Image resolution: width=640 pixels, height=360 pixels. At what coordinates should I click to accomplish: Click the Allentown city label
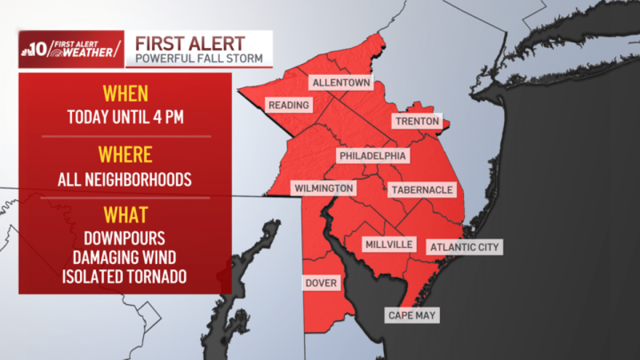341,83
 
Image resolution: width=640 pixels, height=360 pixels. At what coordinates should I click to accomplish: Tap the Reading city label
289,105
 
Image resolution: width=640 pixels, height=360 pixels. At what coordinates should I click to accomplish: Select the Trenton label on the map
417,122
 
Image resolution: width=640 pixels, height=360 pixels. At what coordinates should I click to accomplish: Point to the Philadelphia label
373,156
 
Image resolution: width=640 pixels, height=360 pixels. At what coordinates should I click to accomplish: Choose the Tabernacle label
422,190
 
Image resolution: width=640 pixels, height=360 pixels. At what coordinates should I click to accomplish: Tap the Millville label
389,245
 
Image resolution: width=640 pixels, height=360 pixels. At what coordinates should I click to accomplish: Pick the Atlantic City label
464,247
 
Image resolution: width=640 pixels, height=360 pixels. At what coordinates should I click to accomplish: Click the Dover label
321,283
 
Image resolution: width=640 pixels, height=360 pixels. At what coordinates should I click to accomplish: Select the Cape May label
412,315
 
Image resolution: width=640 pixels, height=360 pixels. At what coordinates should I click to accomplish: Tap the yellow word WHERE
125,155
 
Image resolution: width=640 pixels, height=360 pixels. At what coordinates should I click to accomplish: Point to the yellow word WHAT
125,214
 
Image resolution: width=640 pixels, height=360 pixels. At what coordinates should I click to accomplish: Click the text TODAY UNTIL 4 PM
125,116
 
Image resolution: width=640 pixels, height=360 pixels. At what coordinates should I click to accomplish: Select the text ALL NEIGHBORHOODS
125,179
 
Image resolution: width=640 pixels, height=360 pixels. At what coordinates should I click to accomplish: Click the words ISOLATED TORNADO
124,277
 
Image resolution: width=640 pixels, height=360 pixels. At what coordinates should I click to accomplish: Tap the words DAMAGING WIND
124,258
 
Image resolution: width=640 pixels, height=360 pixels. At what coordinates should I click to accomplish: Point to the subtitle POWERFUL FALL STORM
199,58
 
